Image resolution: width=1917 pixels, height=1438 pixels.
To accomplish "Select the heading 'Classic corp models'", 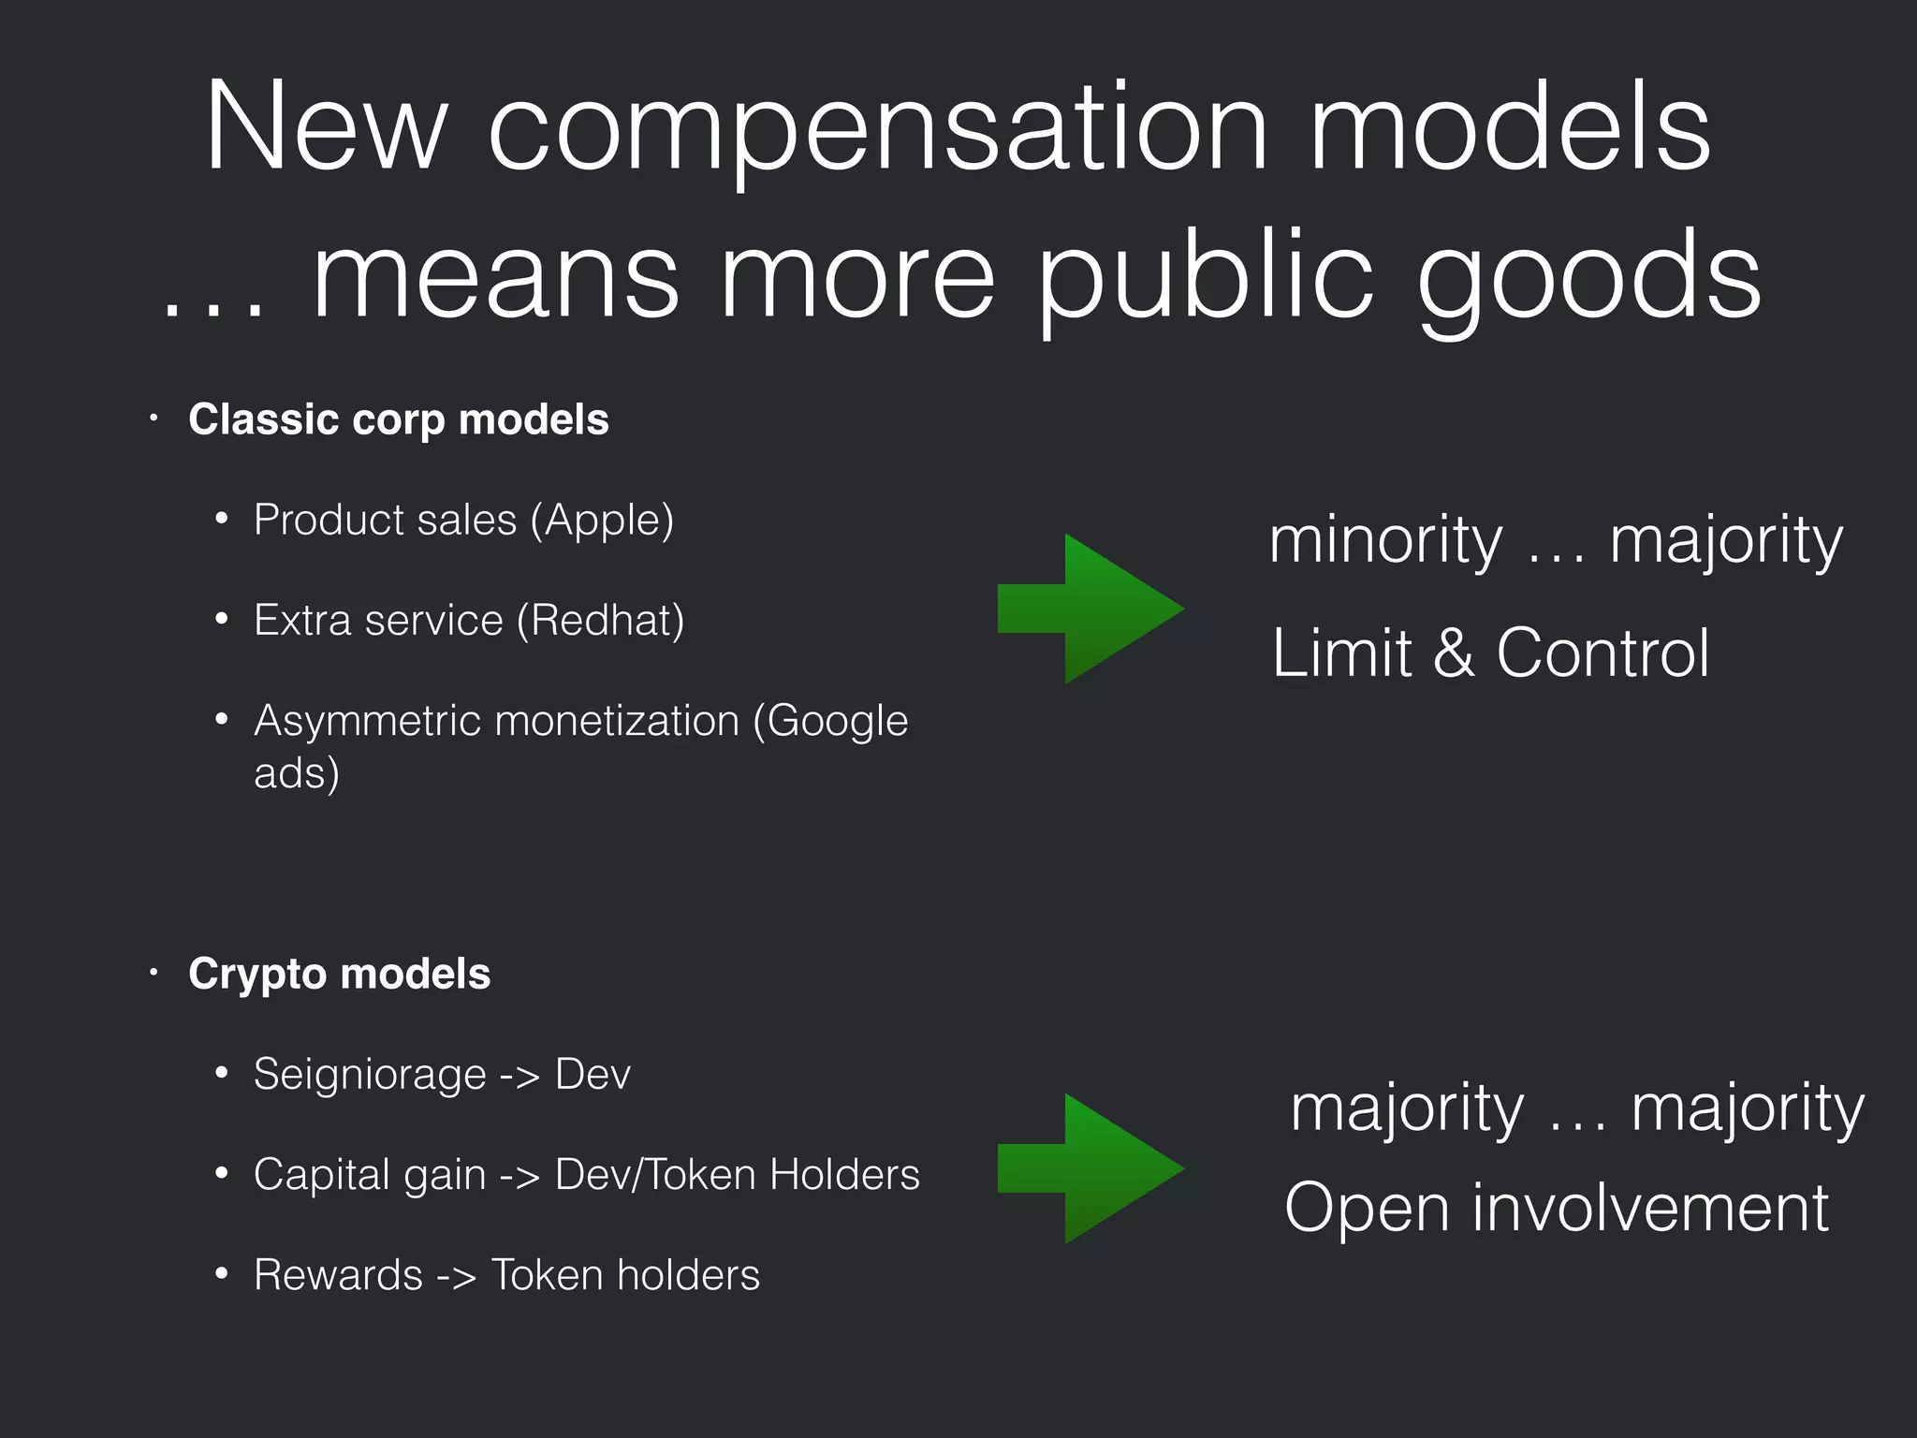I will (398, 419).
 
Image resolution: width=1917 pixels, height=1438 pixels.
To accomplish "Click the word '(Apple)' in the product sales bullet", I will (602, 521).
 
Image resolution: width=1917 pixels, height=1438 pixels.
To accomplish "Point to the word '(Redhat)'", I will (600, 621).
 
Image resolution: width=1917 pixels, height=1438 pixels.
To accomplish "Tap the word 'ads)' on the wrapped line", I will (296, 773).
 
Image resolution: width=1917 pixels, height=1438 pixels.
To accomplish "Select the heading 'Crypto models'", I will (339, 974).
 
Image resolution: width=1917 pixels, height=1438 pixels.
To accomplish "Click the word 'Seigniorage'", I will (370, 1075).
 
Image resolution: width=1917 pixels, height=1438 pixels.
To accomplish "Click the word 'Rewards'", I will (338, 1275).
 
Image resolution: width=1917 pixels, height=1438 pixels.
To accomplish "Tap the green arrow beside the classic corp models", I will (1090, 609).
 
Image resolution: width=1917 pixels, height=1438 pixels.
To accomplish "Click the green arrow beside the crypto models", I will (1090, 1168).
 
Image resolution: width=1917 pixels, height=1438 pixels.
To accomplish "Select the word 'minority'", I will (1385, 541).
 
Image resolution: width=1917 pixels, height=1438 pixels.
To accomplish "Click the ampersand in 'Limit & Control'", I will (1454, 653).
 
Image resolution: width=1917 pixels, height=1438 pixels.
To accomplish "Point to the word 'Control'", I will (1602, 653).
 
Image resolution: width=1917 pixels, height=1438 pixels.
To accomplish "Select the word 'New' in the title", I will (326, 129).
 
